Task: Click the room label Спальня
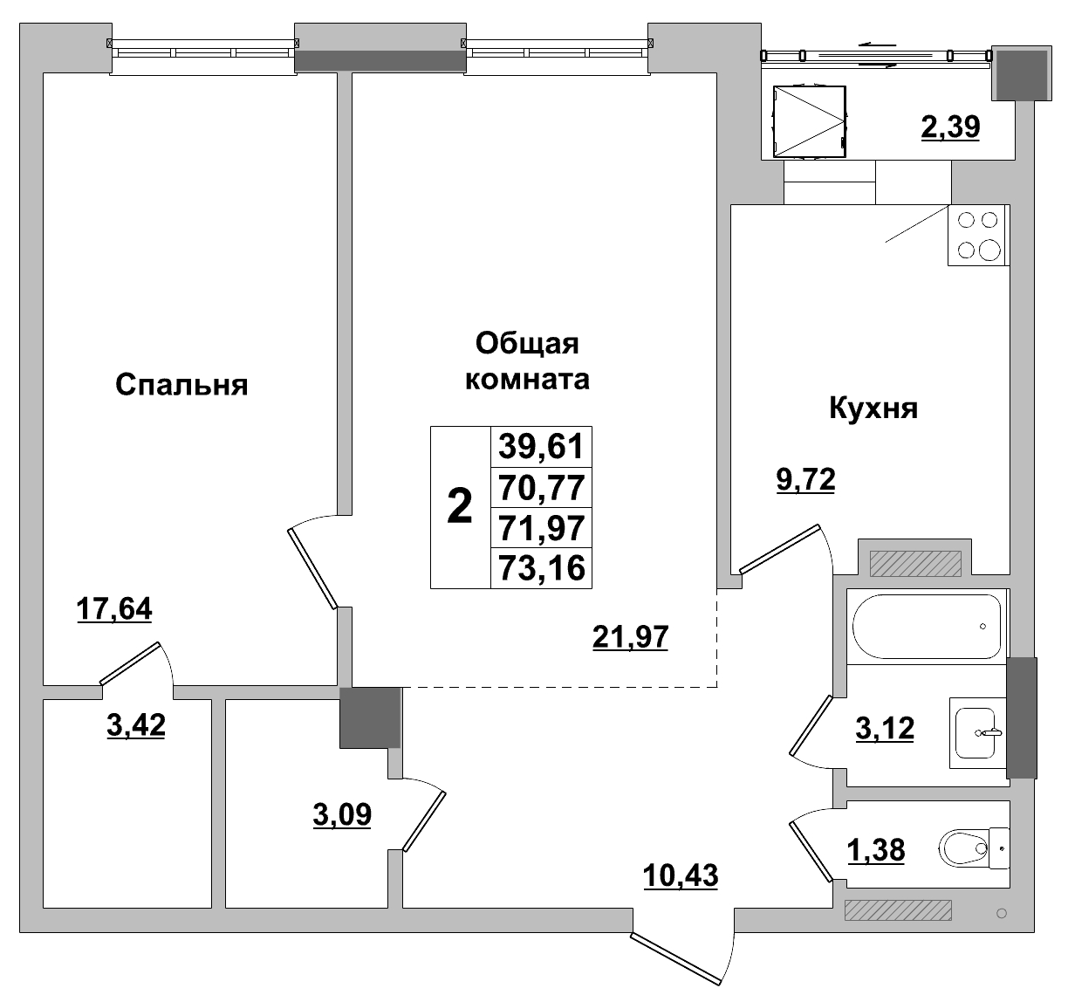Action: pos(181,385)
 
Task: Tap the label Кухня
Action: pos(873,408)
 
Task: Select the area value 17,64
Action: pos(114,608)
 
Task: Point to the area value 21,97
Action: pos(630,637)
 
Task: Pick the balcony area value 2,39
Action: pos(950,127)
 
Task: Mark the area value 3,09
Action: pos(342,814)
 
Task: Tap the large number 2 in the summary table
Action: pos(460,507)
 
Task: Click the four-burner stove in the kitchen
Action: pos(977,236)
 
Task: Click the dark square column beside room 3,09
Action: pos(370,717)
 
